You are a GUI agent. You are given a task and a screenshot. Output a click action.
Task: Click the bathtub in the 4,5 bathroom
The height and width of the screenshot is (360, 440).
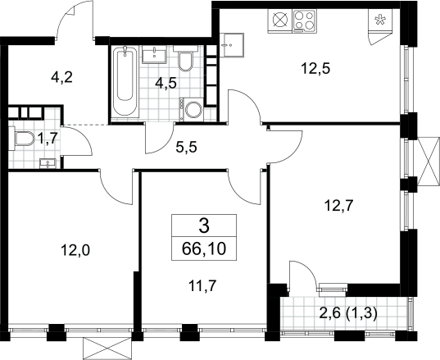(x=125, y=81)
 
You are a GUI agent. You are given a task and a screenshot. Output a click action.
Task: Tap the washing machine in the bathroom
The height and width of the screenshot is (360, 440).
(x=192, y=110)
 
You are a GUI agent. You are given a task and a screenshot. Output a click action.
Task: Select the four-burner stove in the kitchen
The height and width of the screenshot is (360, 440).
(x=305, y=21)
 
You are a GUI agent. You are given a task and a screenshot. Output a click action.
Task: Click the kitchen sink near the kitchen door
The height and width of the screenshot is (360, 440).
(x=234, y=45)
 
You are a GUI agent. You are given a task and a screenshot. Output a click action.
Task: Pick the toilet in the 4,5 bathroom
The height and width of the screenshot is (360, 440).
(x=185, y=58)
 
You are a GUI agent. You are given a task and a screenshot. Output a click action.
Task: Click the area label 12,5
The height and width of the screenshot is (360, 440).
(x=315, y=69)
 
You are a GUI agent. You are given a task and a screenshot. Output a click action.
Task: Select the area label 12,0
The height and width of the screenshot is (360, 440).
(x=75, y=251)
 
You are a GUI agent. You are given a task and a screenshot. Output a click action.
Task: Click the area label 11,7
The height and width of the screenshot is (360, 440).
(x=202, y=286)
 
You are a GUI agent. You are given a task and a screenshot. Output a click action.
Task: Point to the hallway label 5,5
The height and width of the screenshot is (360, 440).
(x=186, y=147)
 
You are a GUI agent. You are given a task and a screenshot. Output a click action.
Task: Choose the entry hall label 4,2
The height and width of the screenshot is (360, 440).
(x=61, y=77)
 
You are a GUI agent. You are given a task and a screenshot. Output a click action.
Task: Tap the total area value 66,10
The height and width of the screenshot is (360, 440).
(x=204, y=248)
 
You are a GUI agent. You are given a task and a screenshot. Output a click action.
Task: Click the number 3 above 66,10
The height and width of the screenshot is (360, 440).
(x=204, y=226)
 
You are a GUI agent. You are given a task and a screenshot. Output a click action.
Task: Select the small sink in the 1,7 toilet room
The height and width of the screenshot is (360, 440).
(x=48, y=163)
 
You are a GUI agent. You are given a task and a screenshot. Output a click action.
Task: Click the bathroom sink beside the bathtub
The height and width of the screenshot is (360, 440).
(x=154, y=54)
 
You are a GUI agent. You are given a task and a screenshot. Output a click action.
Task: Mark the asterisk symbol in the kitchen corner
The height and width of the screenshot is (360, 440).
(x=380, y=21)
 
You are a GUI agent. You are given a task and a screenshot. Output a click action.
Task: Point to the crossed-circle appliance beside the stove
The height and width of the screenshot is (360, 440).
(x=280, y=21)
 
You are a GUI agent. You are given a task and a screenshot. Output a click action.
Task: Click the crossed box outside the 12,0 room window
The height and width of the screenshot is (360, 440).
(x=107, y=347)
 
